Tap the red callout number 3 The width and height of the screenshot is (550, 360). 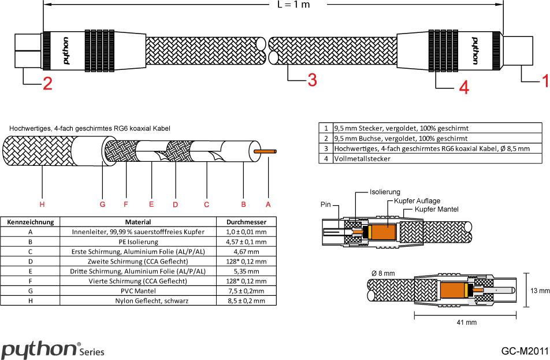311,80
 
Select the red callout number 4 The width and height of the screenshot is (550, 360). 463,87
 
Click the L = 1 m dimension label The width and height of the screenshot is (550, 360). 293,5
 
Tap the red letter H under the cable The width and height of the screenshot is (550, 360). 42,204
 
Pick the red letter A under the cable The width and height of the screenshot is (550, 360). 268,204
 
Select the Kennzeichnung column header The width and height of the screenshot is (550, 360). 30,221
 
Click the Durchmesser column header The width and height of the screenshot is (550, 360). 247,221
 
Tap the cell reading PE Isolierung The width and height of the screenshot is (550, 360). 138,242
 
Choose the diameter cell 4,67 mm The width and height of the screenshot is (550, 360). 247,251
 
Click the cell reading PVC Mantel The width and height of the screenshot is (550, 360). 138,291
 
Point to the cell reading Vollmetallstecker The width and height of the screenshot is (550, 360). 362,158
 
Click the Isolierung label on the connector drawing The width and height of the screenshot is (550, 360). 385,192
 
